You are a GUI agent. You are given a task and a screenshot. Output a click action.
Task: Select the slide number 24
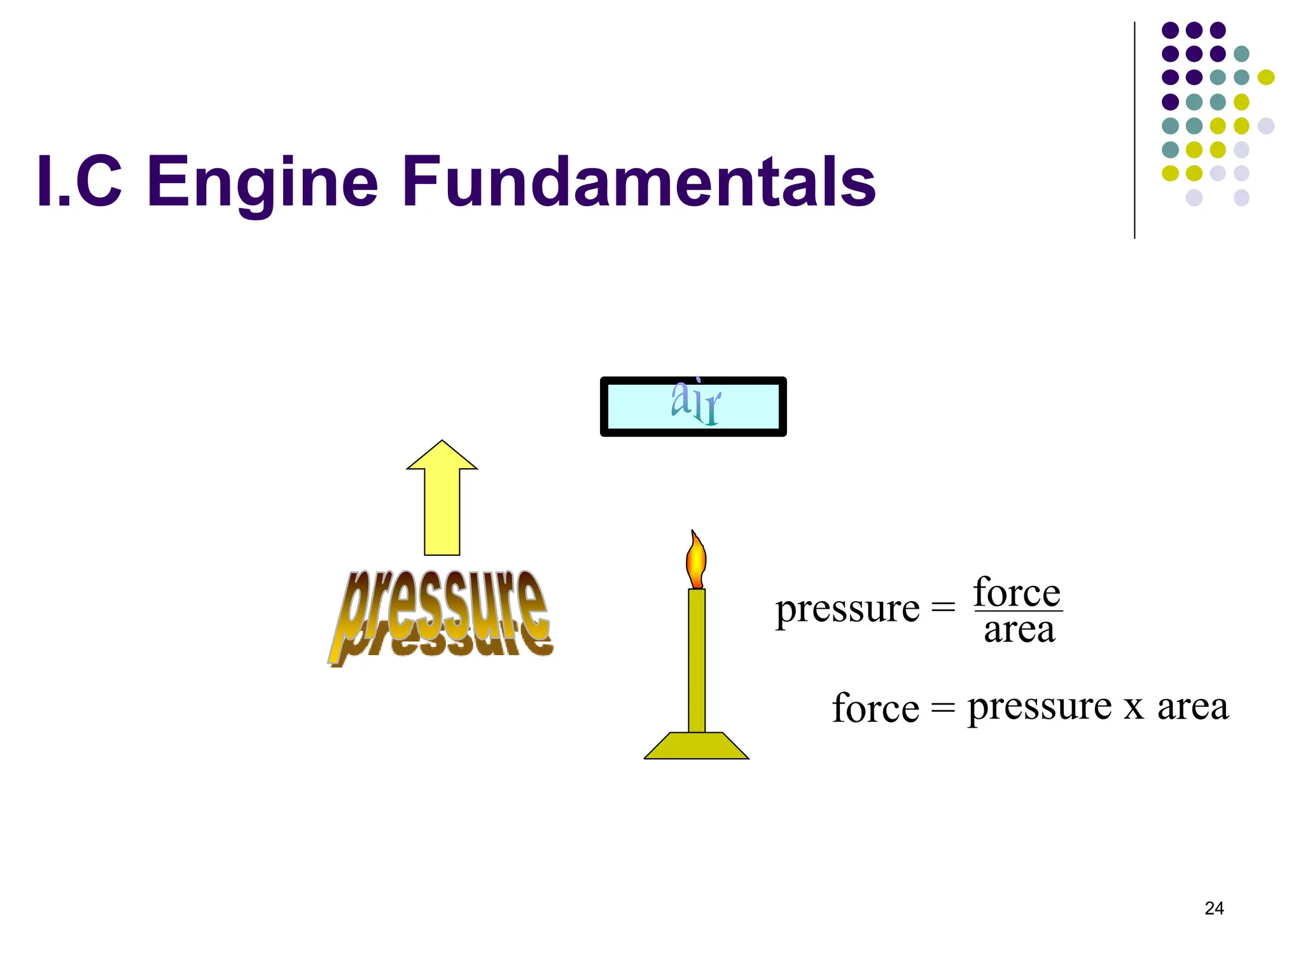(x=1214, y=908)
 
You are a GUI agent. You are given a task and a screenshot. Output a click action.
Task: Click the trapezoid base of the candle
(x=697, y=745)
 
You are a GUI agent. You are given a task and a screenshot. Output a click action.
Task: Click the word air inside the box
(x=695, y=403)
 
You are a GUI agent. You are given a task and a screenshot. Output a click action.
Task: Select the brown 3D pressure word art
(x=441, y=616)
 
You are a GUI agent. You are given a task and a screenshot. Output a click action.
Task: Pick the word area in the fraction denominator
(x=1019, y=630)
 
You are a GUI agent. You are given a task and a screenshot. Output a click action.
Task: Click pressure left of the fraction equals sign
(x=847, y=609)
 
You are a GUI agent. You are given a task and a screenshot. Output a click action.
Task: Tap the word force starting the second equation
(x=875, y=708)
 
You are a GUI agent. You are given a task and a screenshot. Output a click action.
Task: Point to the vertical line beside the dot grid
(x=1134, y=130)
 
